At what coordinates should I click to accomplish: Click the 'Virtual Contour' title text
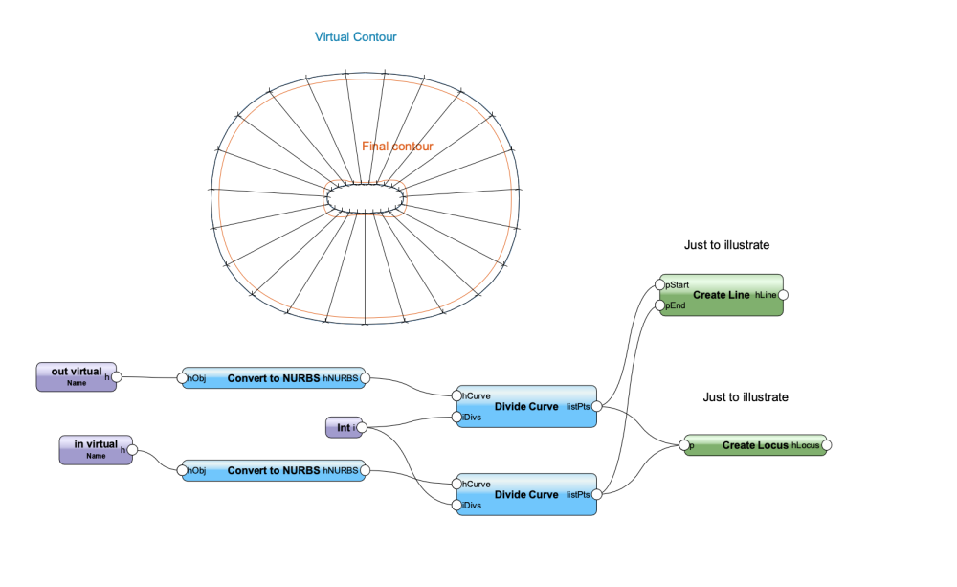(356, 37)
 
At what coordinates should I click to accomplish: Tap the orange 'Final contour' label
(397, 147)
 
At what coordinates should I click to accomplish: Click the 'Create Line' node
(721, 295)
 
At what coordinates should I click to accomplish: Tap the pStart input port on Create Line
(659, 284)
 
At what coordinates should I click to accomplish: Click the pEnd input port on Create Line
(659, 305)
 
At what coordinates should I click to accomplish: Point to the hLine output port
(783, 295)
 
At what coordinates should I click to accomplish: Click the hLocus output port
(826, 445)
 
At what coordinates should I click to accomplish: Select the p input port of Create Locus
(682, 445)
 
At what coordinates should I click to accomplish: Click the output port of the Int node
(361, 427)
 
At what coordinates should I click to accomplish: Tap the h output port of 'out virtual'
(116, 377)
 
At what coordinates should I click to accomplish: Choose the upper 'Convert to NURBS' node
(274, 378)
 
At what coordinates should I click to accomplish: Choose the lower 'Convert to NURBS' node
(274, 471)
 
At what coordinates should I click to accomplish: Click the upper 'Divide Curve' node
(526, 406)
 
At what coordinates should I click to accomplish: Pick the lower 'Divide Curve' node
(526, 495)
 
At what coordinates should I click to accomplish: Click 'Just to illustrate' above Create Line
(727, 245)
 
